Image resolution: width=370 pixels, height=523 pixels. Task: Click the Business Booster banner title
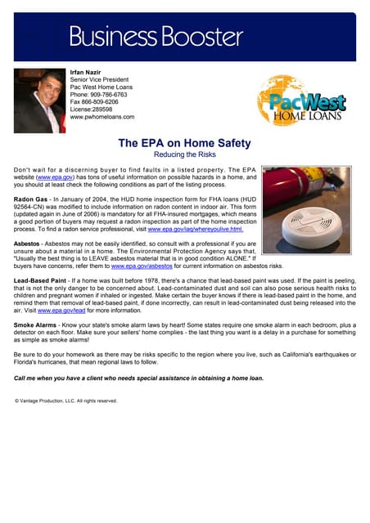click(156, 36)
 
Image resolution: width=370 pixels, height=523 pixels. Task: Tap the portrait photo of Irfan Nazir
click(39, 100)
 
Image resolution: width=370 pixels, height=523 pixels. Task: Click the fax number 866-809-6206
click(106, 102)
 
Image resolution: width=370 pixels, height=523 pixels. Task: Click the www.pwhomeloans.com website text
click(102, 117)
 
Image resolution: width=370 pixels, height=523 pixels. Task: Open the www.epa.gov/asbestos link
click(141, 266)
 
